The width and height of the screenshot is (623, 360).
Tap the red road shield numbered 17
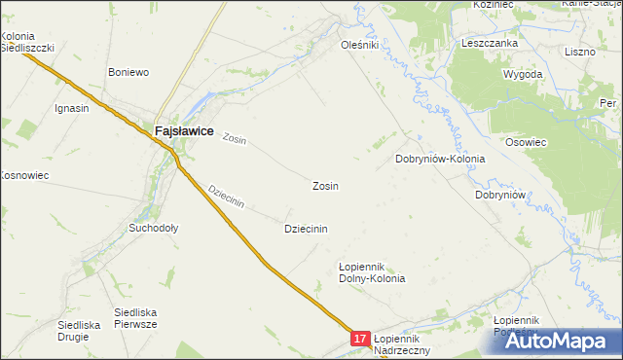(360, 339)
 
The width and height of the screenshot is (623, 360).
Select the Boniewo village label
(128, 72)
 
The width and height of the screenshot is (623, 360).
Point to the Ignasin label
(72, 108)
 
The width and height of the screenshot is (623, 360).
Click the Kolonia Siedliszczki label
(26, 42)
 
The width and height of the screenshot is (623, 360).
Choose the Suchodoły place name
(154, 229)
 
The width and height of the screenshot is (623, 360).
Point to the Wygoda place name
(523, 74)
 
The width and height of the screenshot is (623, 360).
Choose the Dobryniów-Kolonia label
(439, 159)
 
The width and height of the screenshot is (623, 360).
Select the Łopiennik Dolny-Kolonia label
(371, 271)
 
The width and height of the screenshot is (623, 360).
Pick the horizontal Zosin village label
(325, 185)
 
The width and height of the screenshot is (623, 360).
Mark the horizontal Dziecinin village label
(305, 229)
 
